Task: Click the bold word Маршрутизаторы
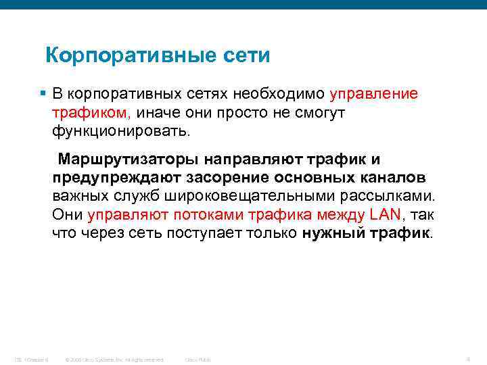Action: click(128, 160)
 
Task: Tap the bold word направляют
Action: click(252, 160)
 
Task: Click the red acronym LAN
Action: click(386, 215)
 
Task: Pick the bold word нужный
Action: click(331, 234)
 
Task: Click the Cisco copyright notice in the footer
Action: click(114, 359)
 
